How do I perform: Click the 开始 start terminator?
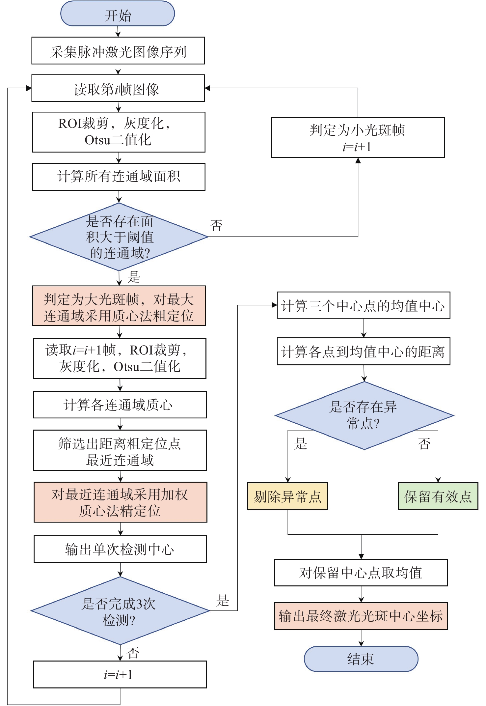pos(118,14)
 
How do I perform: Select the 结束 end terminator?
pos(361,659)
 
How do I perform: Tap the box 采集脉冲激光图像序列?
pos(118,51)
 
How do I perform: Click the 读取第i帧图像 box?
pos(118,88)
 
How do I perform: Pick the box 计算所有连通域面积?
pos(119,177)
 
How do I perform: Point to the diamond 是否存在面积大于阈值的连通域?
pos(119,237)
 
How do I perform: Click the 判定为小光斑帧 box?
pos(358,137)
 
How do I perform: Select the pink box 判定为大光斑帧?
pos(119,306)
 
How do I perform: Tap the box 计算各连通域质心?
pos(120,405)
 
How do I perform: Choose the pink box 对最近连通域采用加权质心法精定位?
pos(121,502)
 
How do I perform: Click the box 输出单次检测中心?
pos(121,549)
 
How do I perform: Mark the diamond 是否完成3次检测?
pos(120,611)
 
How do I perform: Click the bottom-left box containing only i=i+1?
pos(120,674)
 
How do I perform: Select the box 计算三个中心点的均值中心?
pos(364,305)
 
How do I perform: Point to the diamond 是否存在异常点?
pos(364,416)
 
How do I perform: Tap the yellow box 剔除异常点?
pos(288,496)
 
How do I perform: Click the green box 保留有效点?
pos(438,496)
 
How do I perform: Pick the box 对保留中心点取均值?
pos(361,573)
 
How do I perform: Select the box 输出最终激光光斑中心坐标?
pos(361,616)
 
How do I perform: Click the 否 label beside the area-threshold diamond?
pos(216,226)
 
